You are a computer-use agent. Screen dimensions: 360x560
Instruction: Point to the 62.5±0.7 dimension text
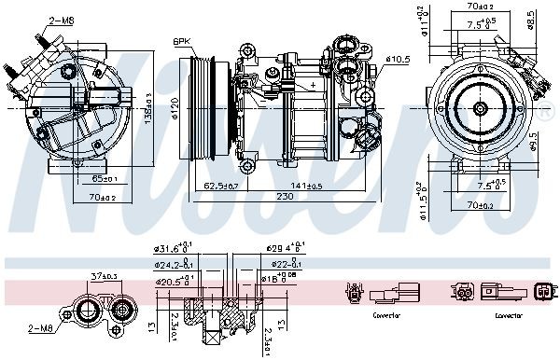click(x=221, y=187)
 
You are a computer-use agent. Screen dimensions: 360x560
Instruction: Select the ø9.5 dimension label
click(x=533, y=140)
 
